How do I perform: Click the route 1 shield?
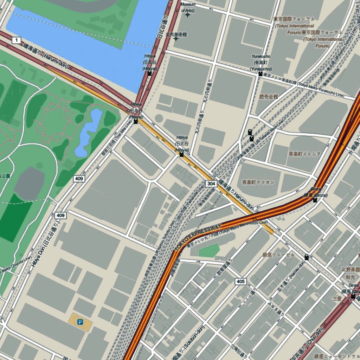[x=16, y=40]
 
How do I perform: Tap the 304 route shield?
[x=211, y=184]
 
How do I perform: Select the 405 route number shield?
[x=240, y=281]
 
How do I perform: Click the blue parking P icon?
[x=80, y=321]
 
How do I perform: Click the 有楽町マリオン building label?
[x=258, y=182]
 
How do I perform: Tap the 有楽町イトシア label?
[x=304, y=154]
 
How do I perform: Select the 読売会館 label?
[x=269, y=96]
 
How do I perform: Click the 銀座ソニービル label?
[x=278, y=255]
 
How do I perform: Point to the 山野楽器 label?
[x=351, y=269]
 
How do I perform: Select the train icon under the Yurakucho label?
[x=260, y=73]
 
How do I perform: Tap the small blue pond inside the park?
[x=88, y=132]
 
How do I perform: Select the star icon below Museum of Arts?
[x=187, y=15]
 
